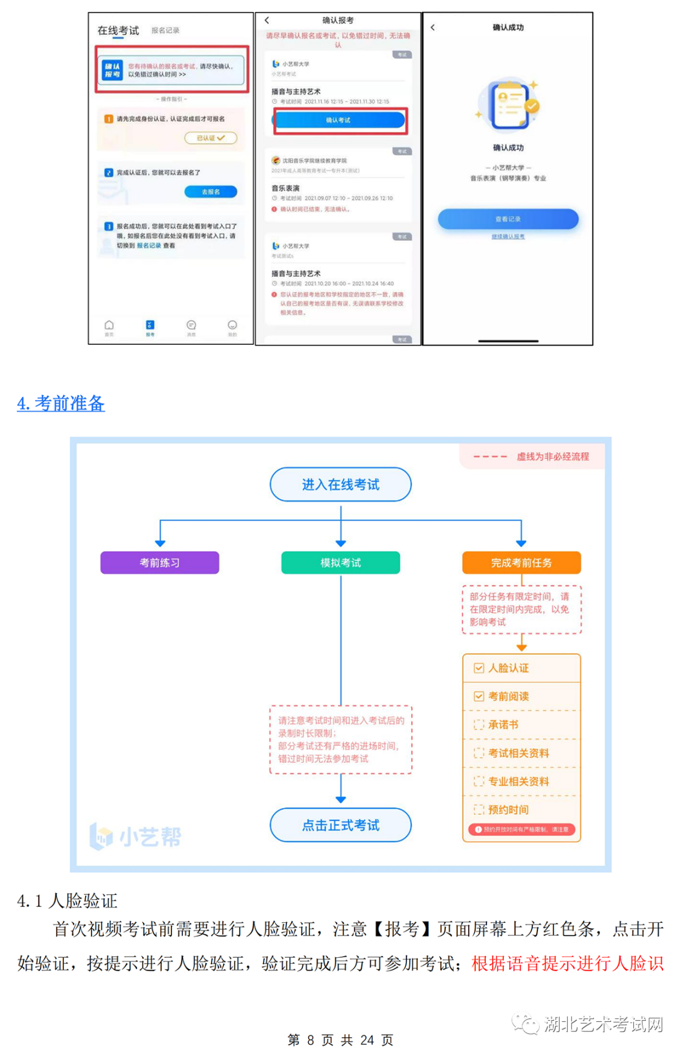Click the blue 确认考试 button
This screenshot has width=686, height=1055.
339,120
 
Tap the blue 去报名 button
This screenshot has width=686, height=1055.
210,192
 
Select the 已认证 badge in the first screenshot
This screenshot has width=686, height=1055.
210,138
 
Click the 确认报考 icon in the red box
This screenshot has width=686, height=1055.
112,70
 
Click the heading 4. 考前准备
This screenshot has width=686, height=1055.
61,403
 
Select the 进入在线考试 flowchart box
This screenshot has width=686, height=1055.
340,485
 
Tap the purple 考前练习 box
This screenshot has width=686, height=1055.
159,563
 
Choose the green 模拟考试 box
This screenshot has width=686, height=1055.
340,563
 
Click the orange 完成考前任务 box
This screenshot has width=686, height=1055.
521,563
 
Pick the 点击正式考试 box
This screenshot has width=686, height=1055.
340,825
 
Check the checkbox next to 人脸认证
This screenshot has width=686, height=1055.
479,668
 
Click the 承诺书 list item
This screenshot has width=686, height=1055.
503,725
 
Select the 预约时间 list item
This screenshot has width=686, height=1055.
508,810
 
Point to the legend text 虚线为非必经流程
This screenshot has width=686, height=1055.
553,457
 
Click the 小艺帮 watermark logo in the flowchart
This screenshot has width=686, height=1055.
135,837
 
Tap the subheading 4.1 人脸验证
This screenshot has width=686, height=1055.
67,901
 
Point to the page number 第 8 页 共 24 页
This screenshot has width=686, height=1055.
340,1040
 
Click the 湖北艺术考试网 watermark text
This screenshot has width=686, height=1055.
603,1024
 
